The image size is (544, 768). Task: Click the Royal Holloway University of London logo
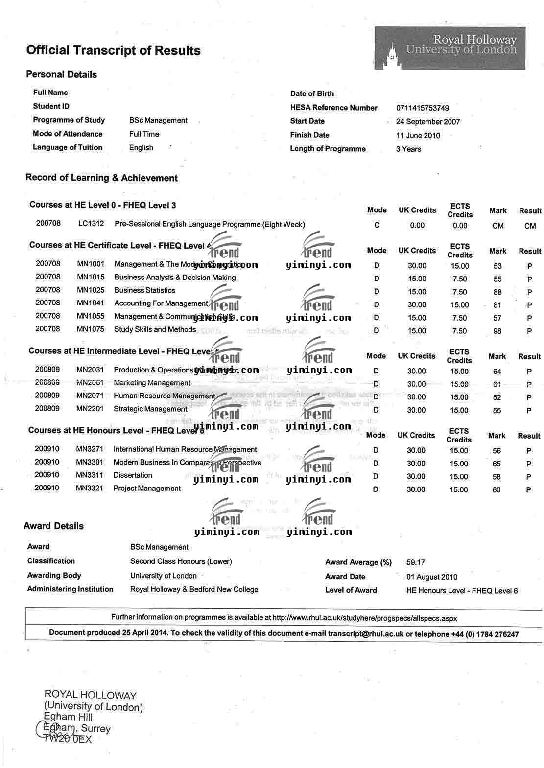[449, 48]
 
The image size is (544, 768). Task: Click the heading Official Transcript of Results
[113, 50]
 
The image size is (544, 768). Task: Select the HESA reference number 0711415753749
[422, 108]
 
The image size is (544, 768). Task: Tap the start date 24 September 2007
[427, 121]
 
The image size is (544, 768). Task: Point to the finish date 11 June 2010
[418, 135]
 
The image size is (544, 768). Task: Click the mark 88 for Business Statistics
[497, 292]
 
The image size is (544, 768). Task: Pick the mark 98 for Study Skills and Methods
[497, 331]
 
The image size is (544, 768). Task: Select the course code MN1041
[91, 303]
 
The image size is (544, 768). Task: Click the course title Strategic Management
[150, 409]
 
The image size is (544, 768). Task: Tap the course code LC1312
[91, 224]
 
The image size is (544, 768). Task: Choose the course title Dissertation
[133, 475]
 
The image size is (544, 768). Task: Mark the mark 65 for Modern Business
[497, 464]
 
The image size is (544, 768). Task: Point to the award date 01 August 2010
[431, 577]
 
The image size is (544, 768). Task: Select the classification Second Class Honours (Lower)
[181, 561]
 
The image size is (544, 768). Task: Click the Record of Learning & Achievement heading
[101, 178]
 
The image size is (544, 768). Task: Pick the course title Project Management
[147, 488]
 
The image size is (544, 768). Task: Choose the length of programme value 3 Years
[408, 149]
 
